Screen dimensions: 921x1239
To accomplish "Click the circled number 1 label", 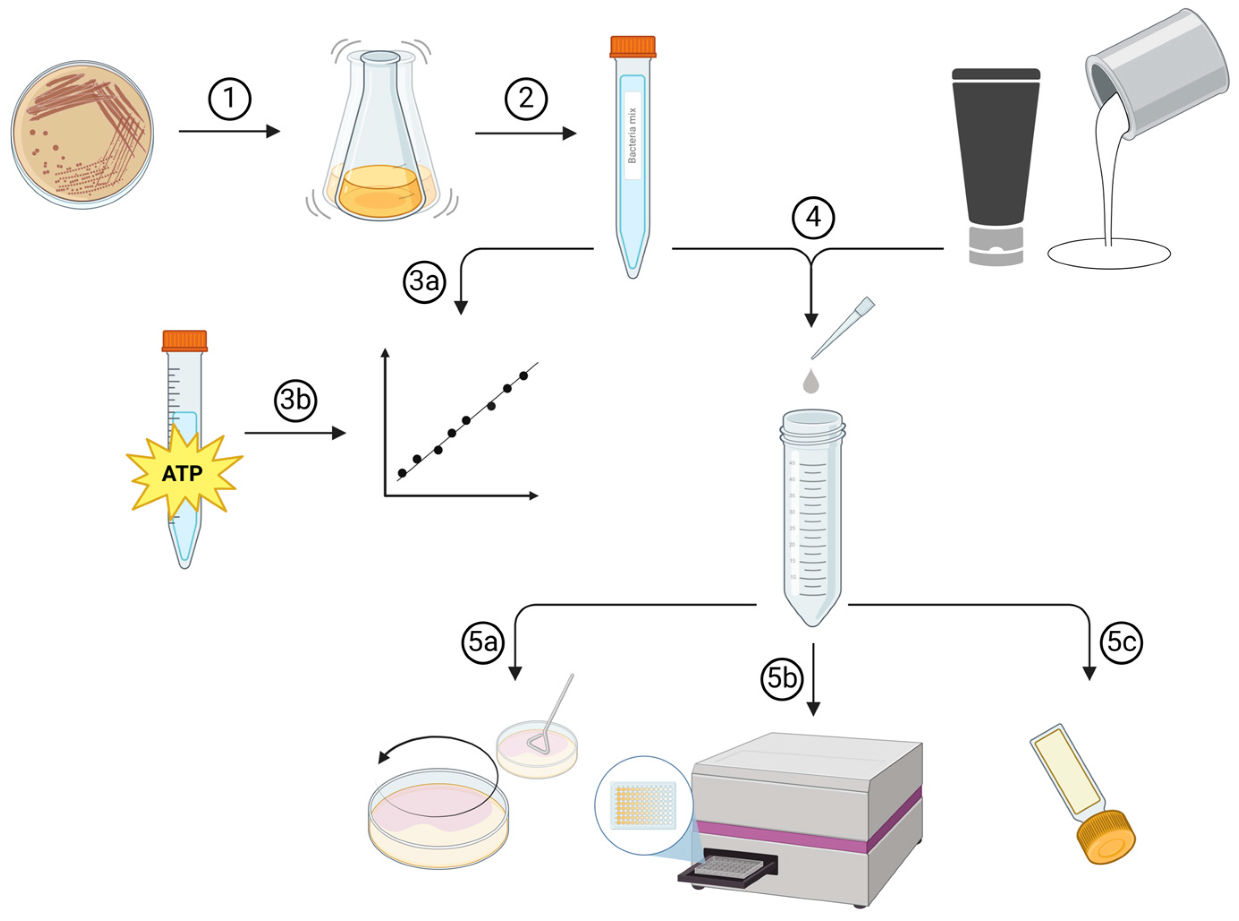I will click(230, 99).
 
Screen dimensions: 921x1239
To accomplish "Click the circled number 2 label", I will click(526, 99).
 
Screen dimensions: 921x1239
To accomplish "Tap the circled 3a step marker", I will click(425, 281).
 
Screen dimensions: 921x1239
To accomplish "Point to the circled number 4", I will click(813, 217).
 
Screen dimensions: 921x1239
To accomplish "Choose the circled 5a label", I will click(482, 642).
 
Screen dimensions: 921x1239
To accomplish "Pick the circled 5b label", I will click(782, 679).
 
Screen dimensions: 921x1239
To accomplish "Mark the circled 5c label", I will click(1121, 642).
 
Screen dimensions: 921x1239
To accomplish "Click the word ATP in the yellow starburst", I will click(182, 474).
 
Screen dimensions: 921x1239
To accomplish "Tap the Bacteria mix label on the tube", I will click(632, 136).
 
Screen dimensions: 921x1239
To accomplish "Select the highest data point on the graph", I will click(523, 376).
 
